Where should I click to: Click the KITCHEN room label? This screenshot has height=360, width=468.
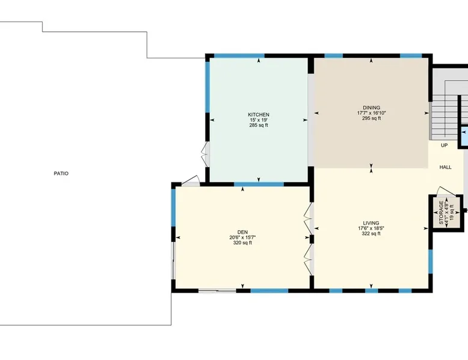point(259,115)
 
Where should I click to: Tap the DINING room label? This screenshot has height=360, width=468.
point(371,108)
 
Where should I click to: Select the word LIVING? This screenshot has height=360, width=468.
point(371,223)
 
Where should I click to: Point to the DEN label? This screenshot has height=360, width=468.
point(242,232)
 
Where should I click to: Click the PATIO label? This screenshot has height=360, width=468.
point(61,173)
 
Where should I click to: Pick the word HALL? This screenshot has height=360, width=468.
point(445,167)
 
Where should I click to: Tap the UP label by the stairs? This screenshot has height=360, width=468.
point(444,145)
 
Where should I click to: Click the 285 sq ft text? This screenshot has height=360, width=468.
point(259,125)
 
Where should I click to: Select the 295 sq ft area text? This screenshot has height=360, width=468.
point(371,118)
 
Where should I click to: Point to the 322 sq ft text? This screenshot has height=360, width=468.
point(371,234)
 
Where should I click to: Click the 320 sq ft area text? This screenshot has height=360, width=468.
point(242,243)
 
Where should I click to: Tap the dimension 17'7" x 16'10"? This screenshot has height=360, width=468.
point(371,113)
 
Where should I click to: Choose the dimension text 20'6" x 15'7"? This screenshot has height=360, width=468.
point(242,237)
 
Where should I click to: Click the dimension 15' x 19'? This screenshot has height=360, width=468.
point(259,120)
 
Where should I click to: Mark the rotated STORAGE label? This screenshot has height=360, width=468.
point(441,212)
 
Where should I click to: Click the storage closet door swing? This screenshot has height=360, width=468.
point(446,192)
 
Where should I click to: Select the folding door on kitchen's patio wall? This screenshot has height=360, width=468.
point(206,154)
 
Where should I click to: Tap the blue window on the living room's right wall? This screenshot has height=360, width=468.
point(430,261)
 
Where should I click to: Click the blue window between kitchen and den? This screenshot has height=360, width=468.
point(259,184)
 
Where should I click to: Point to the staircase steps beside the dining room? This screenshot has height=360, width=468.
point(444,117)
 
